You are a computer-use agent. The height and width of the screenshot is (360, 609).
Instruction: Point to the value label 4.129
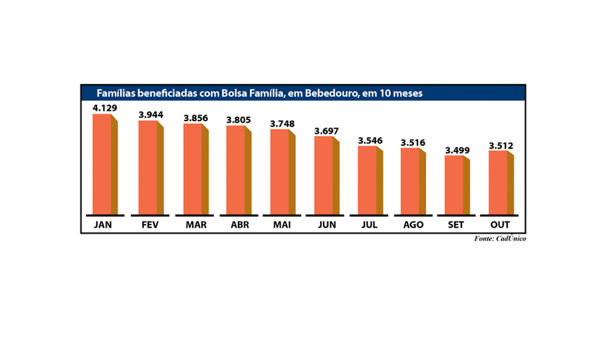pos(105,108)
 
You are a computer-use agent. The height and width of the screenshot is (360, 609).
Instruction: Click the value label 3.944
pos(151,114)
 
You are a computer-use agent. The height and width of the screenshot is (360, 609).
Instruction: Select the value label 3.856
pos(196,118)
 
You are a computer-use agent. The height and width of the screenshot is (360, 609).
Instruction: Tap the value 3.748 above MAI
pos(282,123)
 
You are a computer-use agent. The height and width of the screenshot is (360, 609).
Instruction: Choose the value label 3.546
pos(370,140)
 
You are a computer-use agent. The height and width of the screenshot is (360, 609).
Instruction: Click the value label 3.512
pos(501,145)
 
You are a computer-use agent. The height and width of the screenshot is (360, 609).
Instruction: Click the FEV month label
pos(150,225)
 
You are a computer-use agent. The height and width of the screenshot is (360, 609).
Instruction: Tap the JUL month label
pos(369,225)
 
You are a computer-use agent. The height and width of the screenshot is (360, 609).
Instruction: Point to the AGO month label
pos(413,225)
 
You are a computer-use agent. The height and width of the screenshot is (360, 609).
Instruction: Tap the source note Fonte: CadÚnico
pos(496,238)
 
